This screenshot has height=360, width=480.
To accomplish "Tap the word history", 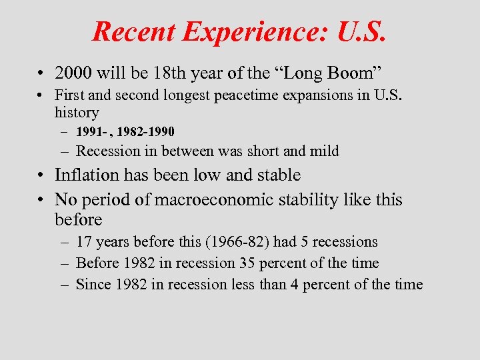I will (77, 113).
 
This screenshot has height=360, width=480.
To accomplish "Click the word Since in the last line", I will (93, 285).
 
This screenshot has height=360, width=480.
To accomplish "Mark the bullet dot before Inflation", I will (42, 176).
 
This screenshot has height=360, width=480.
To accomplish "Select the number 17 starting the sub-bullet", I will (84, 242).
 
